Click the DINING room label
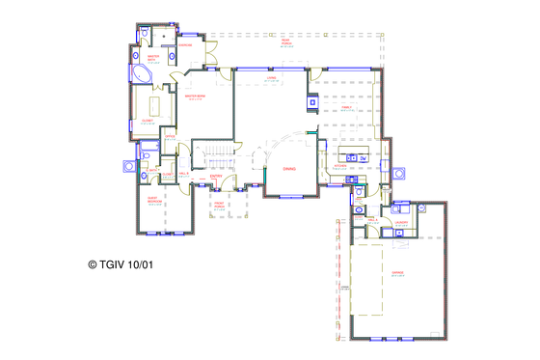[289, 168]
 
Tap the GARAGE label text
[396, 273]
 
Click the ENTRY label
[216, 176]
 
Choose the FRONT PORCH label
[219, 205]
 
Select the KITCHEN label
[339, 165]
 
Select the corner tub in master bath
[140, 73]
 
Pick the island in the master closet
[155, 103]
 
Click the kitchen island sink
[352, 156]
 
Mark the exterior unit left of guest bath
[126, 166]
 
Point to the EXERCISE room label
[185, 44]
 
